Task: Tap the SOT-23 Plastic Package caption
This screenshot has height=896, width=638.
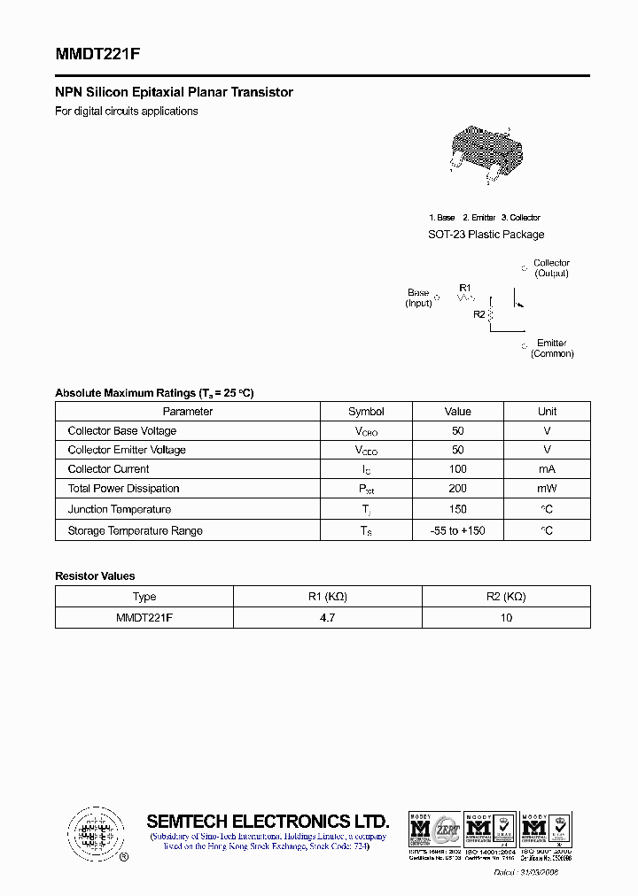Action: (x=486, y=235)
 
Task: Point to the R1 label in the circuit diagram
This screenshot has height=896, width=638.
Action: (x=466, y=287)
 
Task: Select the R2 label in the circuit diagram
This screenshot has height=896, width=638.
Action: (x=478, y=314)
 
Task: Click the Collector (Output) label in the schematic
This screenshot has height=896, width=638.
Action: (x=551, y=268)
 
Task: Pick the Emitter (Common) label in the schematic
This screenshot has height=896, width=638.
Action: (x=551, y=348)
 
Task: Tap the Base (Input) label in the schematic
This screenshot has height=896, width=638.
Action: (x=418, y=297)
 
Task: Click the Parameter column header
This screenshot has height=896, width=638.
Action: (x=188, y=412)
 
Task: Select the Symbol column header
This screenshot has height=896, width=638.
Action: (x=366, y=412)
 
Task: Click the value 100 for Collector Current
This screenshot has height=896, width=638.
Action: (x=457, y=469)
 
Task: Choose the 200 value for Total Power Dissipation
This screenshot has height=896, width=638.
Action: (x=457, y=489)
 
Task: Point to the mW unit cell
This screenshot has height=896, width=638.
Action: (x=547, y=489)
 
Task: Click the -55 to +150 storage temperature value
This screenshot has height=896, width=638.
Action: (x=457, y=531)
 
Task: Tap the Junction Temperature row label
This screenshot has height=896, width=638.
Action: (x=119, y=510)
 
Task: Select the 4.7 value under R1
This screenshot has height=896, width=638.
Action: (x=327, y=618)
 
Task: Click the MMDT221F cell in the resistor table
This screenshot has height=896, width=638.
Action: (x=144, y=618)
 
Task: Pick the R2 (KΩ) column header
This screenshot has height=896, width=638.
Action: (x=506, y=597)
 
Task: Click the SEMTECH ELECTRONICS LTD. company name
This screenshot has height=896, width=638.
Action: (x=268, y=821)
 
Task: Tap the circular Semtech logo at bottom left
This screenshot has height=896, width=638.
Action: (x=93, y=832)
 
